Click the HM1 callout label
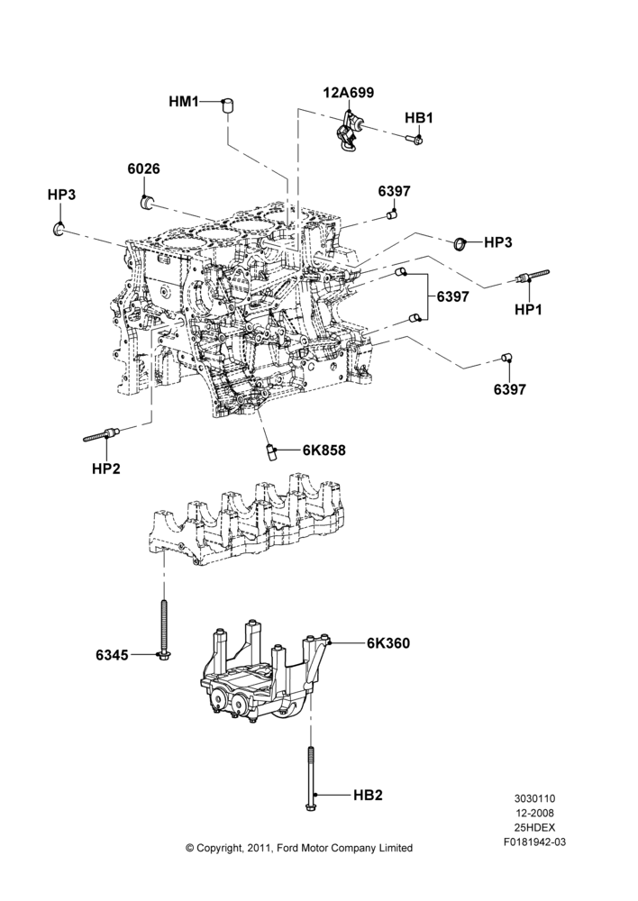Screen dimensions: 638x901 click(x=183, y=102)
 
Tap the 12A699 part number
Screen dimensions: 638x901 click(x=349, y=93)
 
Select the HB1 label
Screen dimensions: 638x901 click(x=419, y=118)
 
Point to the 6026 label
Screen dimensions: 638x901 click(x=143, y=169)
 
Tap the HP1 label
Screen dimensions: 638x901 click(x=528, y=309)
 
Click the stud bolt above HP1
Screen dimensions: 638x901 click(x=533, y=276)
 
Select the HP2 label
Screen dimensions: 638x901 click(x=106, y=469)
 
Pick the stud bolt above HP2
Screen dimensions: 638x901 click(x=101, y=435)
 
